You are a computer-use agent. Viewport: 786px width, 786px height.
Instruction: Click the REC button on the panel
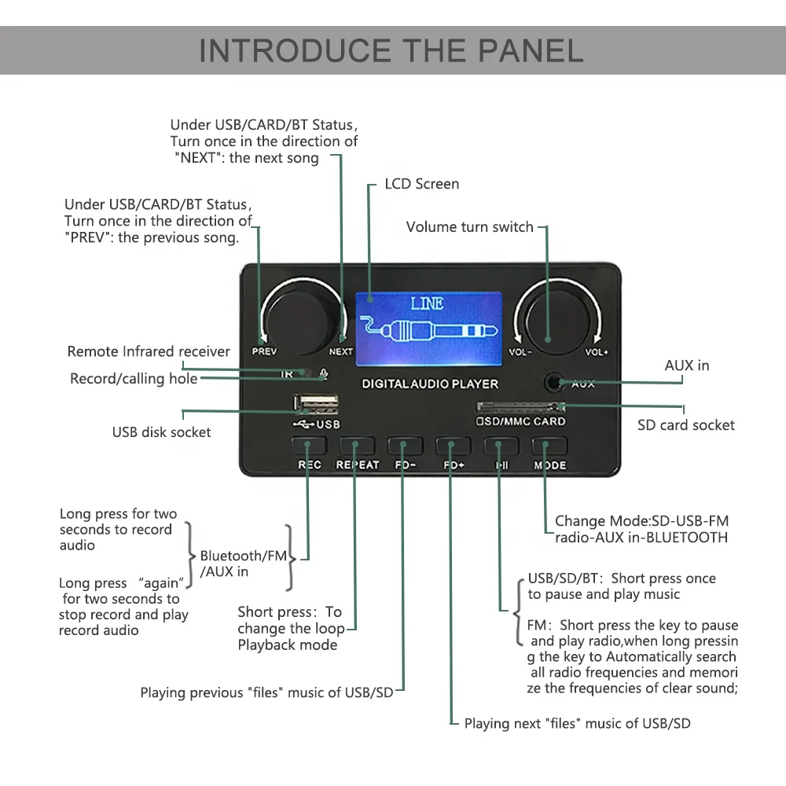(x=309, y=446)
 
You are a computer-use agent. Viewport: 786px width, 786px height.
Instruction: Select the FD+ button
(x=454, y=446)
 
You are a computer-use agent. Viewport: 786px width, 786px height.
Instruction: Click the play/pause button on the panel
(x=501, y=446)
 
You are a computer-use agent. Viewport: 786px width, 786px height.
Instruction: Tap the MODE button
(x=549, y=446)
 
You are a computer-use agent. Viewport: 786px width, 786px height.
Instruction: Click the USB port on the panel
(x=317, y=406)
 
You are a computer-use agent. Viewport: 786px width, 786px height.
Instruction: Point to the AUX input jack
(x=556, y=383)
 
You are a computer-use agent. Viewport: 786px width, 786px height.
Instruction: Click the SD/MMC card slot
(x=520, y=407)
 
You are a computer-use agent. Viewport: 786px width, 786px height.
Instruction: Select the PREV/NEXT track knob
(x=301, y=317)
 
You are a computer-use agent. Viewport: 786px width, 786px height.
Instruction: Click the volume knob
(x=558, y=318)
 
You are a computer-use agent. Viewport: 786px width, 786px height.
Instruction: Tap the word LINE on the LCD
(x=427, y=303)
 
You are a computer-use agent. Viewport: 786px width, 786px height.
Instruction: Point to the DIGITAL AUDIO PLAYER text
(x=430, y=384)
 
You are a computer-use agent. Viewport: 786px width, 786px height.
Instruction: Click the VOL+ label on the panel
(x=597, y=352)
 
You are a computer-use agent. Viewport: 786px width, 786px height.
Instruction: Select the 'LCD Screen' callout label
(x=421, y=184)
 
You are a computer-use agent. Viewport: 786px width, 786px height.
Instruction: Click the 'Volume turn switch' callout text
(x=469, y=227)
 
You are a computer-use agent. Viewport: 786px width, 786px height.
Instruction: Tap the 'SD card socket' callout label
(x=685, y=425)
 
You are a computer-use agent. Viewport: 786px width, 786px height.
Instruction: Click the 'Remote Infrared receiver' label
(x=149, y=351)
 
